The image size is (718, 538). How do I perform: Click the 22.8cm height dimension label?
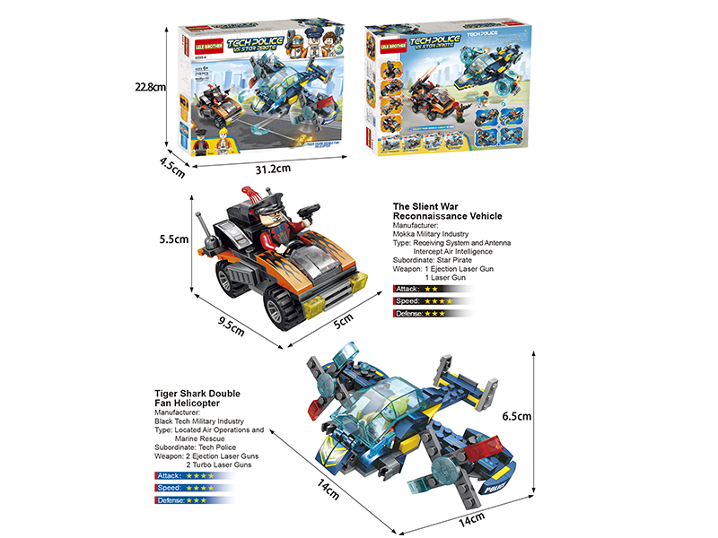coord(150,88)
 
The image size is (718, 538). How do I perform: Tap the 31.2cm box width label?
coord(273,169)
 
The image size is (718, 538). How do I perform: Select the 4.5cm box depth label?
coord(172,164)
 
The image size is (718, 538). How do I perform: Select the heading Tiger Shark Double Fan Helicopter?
coord(197,398)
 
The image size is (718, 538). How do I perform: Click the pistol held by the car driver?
coord(310,208)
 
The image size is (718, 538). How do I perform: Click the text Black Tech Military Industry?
coord(199,421)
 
